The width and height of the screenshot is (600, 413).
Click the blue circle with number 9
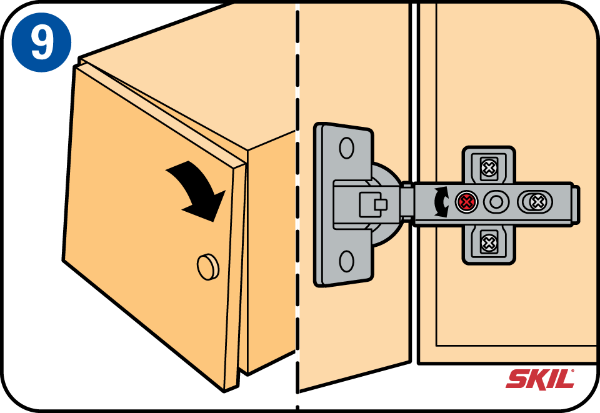click(41, 42)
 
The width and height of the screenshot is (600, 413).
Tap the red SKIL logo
click(540, 379)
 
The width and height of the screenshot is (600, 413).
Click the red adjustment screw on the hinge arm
click(466, 202)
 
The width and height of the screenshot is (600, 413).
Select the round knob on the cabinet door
click(208, 266)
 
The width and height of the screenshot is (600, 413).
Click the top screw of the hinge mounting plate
click(488, 167)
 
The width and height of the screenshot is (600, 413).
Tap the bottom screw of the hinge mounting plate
click(488, 243)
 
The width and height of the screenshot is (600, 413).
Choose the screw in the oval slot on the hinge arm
click(537, 202)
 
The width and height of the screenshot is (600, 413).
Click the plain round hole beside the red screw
click(496, 202)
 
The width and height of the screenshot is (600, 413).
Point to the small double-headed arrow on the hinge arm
click(441, 202)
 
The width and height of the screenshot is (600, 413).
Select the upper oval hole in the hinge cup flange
click(346, 147)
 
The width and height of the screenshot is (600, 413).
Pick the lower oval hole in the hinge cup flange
click(346, 261)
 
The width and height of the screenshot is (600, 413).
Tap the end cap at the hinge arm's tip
click(576, 204)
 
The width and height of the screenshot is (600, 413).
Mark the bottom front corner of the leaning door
click(225, 392)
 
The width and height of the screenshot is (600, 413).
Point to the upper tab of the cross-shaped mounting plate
click(489, 164)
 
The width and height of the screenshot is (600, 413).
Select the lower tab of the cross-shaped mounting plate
click(489, 244)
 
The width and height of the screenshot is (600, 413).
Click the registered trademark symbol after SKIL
click(573, 371)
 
